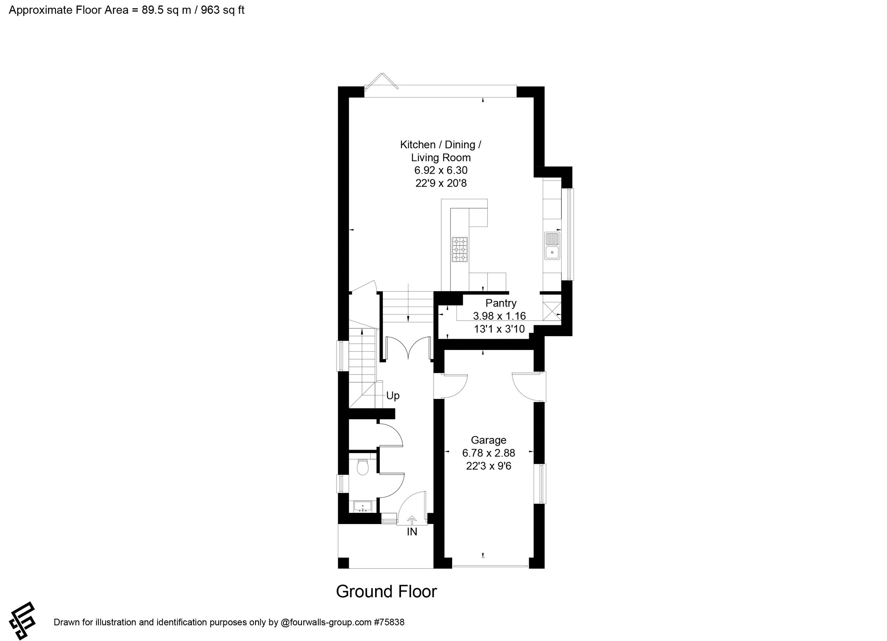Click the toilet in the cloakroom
[362, 467]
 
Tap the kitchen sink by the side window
[552, 245]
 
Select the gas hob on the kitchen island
[460, 249]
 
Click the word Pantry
[501, 303]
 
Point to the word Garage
[489, 440]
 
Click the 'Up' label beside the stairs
[393, 395]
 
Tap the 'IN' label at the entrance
[412, 532]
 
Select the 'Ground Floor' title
[386, 592]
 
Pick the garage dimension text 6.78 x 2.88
[489, 453]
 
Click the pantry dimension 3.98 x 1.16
[499, 316]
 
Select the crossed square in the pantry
[552, 311]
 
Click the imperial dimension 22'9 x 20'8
[441, 183]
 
